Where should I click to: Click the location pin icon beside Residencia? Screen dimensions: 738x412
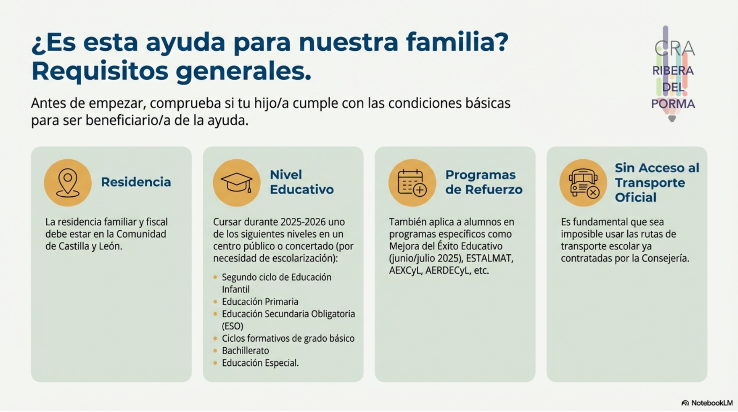pos(68,183)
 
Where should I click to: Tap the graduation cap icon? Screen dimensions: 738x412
pos(237,183)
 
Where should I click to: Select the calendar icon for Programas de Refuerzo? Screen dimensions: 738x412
pos(412,183)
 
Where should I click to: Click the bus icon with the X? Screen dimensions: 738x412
pos(583,183)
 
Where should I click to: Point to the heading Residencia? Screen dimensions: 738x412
pos(136,182)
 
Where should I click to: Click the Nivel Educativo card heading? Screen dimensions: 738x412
pos(302,182)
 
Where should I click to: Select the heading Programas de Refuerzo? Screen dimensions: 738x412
pos(484,182)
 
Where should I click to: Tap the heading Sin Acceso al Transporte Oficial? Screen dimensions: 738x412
pos(657,182)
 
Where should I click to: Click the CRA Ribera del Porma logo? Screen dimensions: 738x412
pos(673,74)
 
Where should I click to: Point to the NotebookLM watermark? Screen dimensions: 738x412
pos(707,403)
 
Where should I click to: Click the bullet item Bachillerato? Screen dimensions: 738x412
pos(245,350)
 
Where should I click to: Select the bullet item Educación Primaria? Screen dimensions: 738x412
pos(260,301)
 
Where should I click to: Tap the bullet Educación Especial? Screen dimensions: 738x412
pos(260,363)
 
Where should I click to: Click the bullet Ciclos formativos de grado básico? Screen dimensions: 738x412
pos(288,338)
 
